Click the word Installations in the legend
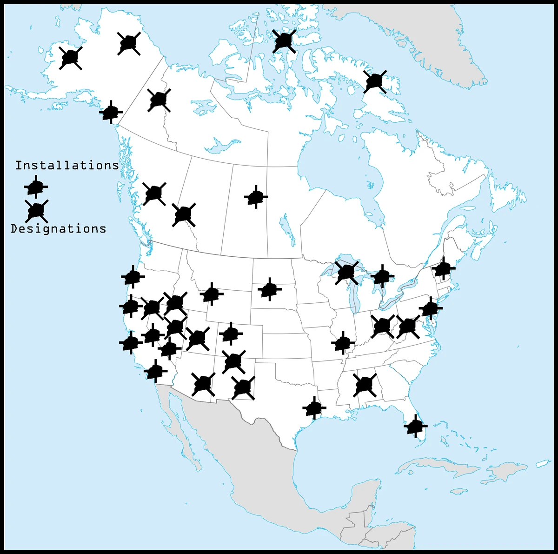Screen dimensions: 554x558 (67, 166)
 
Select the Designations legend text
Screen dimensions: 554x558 (59, 229)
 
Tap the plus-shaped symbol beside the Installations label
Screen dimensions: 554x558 (36, 187)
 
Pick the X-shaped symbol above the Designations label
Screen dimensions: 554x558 (36, 211)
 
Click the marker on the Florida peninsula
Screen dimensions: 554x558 (415, 426)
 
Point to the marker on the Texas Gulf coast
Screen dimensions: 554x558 (314, 408)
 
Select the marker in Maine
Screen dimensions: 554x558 (443, 268)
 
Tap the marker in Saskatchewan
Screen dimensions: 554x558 (256, 197)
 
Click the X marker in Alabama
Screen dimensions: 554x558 (365, 385)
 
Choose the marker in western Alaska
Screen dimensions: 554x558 (71, 58)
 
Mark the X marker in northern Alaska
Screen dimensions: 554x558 (129, 44)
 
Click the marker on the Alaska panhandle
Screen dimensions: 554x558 (111, 112)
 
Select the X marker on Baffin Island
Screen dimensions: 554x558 (375, 81)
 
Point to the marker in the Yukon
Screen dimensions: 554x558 (159, 100)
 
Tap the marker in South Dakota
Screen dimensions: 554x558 (269, 289)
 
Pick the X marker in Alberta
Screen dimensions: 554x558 (184, 214)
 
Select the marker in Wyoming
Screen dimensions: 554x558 (212, 294)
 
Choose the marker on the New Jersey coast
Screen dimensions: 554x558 (431, 308)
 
